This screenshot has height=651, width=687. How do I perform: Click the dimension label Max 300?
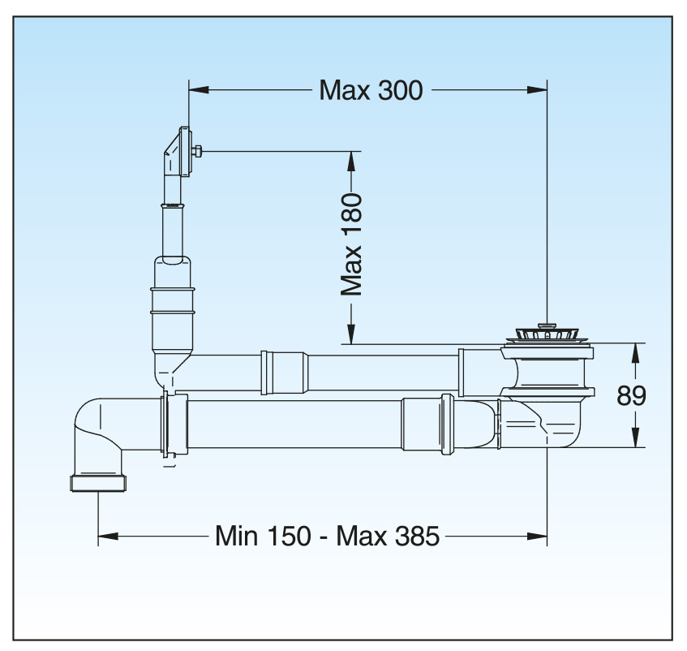(x=371, y=89)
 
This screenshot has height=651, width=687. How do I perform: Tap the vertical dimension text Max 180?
(x=352, y=244)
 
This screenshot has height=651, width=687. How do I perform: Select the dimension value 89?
(x=631, y=396)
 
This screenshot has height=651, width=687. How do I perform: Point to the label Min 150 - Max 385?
(x=327, y=536)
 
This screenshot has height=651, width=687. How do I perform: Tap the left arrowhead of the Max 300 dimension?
(x=200, y=89)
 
